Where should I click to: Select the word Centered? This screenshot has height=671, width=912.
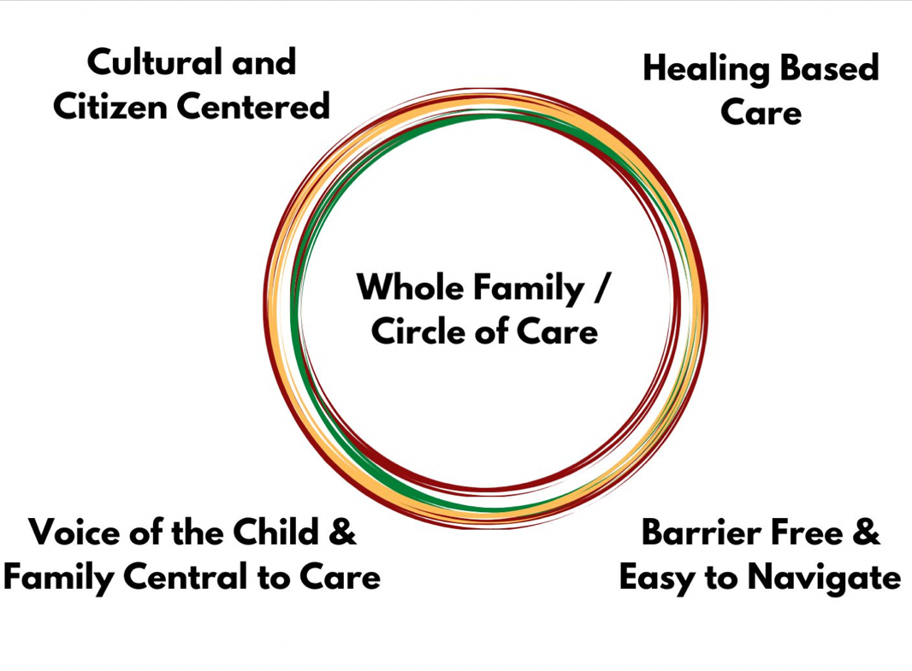tap(253, 106)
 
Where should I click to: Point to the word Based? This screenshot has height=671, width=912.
tap(829, 68)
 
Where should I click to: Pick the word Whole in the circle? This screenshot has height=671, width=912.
tap(410, 286)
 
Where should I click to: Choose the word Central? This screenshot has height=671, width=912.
tap(185, 577)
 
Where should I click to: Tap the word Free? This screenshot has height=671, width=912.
tap(803, 532)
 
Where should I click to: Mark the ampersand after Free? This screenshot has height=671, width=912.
tap(867, 532)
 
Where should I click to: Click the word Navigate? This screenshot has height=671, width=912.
tap(824, 580)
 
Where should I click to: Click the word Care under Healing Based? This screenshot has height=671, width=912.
tap(761, 112)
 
